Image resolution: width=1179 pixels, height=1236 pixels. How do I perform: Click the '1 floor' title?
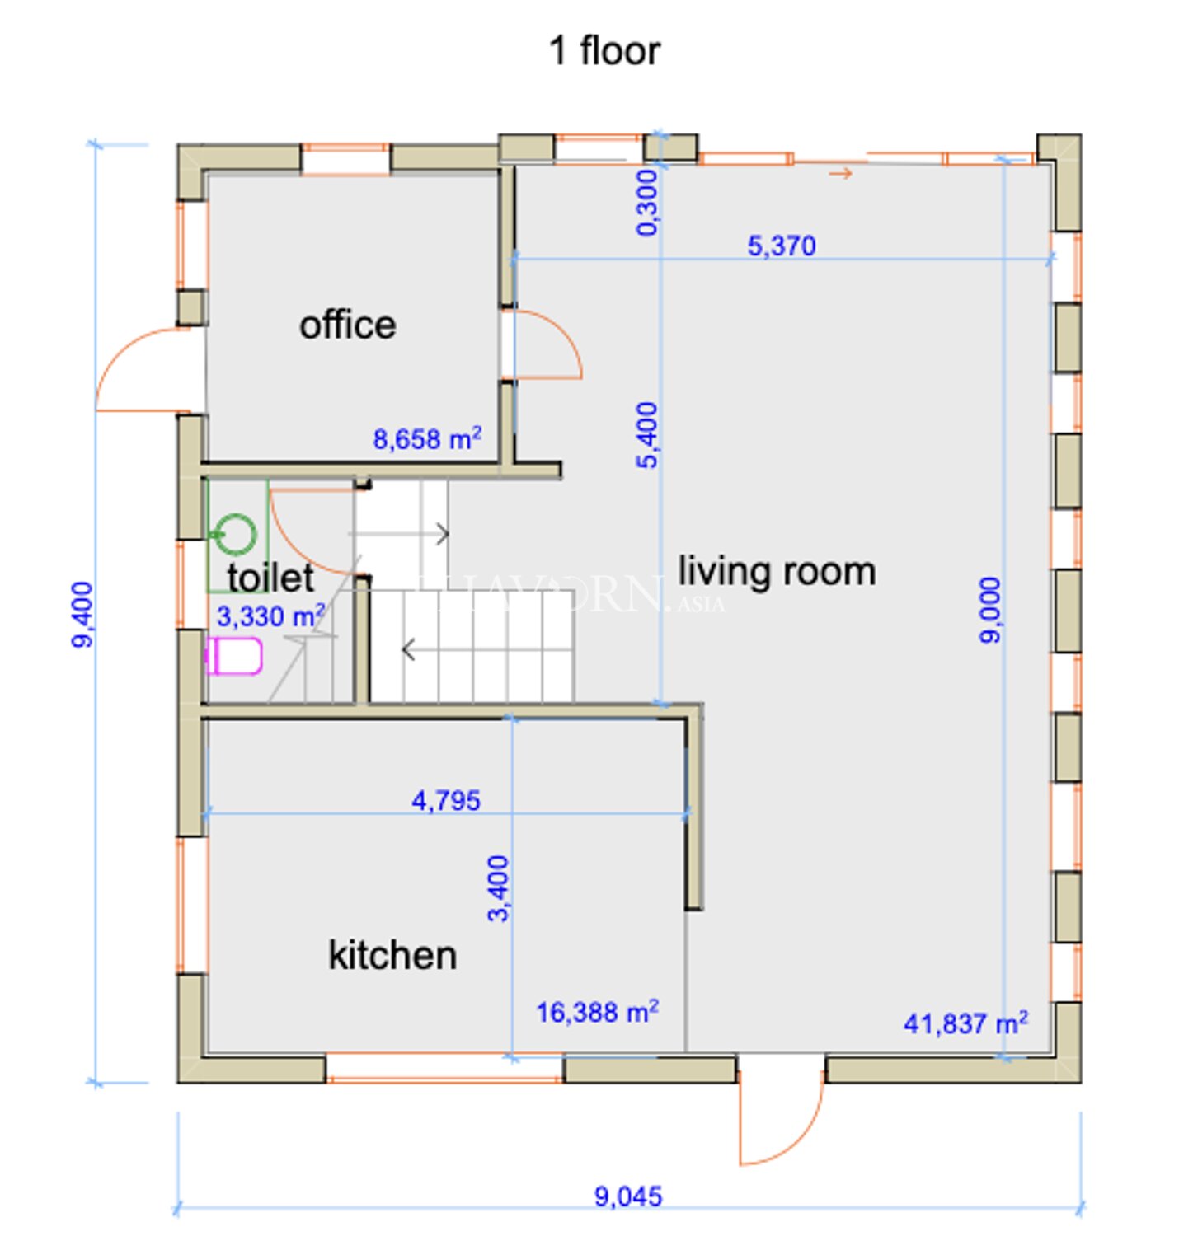(604, 52)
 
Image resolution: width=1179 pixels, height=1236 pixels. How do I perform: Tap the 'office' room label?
(347, 325)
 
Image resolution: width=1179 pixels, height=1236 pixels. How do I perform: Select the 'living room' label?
(777, 573)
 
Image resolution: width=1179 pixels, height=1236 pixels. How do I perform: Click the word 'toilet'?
(270, 578)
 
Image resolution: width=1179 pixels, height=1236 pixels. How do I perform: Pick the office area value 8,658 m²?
(427, 438)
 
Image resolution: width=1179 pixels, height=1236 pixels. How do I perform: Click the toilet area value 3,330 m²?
(271, 616)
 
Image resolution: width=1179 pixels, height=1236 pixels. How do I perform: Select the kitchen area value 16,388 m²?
(597, 1012)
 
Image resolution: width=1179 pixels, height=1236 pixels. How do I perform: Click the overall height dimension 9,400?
(82, 614)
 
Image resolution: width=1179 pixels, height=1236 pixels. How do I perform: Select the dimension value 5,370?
(782, 246)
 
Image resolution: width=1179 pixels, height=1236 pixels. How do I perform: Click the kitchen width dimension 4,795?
(446, 800)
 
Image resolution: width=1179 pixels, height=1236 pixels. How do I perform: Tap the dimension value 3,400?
(498, 888)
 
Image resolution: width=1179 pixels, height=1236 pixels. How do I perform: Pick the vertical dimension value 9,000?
(989, 610)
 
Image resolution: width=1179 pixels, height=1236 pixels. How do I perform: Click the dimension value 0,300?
(647, 203)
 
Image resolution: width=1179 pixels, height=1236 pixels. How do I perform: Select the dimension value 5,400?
(647, 435)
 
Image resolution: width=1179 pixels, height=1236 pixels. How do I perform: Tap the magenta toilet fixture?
(233, 656)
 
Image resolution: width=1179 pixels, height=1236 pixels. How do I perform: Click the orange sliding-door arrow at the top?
(840, 173)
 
